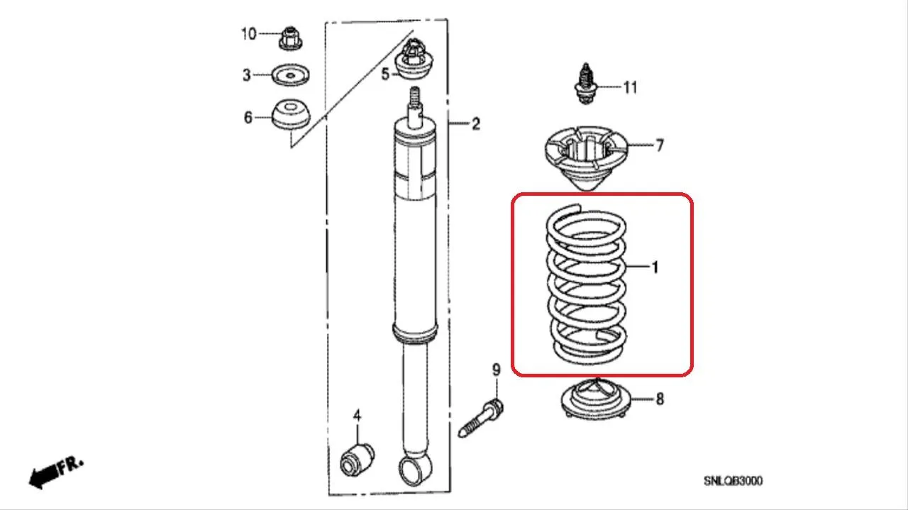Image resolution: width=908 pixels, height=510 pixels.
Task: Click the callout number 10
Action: click(x=249, y=34)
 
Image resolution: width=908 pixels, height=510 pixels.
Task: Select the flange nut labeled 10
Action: click(x=291, y=38)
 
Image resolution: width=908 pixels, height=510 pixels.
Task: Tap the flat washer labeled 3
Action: click(x=290, y=75)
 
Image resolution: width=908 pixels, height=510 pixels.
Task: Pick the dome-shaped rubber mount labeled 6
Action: click(x=291, y=114)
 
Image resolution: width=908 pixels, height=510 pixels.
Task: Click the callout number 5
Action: click(x=385, y=74)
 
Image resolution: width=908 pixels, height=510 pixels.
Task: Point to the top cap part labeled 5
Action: click(x=414, y=59)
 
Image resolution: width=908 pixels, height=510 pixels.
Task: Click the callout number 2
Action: click(x=476, y=123)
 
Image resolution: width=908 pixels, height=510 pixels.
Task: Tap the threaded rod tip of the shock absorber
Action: click(x=415, y=96)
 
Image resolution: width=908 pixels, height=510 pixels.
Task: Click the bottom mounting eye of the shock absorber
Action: click(x=415, y=470)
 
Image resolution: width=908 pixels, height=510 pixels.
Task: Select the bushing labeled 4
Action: click(x=357, y=461)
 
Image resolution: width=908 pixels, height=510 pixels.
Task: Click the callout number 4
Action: click(x=357, y=416)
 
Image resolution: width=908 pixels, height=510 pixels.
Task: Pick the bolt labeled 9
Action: click(x=481, y=418)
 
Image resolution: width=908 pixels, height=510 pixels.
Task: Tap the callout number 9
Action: click(x=497, y=370)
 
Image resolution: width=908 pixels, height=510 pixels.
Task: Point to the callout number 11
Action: click(x=630, y=87)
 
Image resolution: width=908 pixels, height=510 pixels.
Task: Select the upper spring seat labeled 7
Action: click(x=586, y=158)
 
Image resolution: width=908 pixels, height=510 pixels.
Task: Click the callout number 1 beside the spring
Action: click(x=655, y=267)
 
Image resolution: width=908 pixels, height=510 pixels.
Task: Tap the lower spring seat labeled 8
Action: click(x=596, y=399)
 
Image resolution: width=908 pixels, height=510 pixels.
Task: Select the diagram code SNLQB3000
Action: click(x=733, y=481)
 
